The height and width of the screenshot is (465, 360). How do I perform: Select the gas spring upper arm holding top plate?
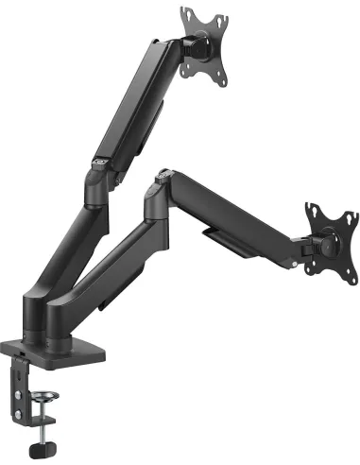click(142, 104)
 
